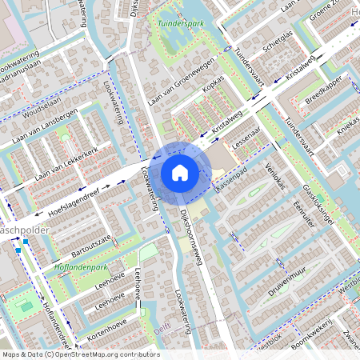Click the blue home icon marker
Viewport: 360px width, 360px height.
click(x=180, y=172)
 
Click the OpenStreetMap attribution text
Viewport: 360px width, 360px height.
click(x=80, y=354)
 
